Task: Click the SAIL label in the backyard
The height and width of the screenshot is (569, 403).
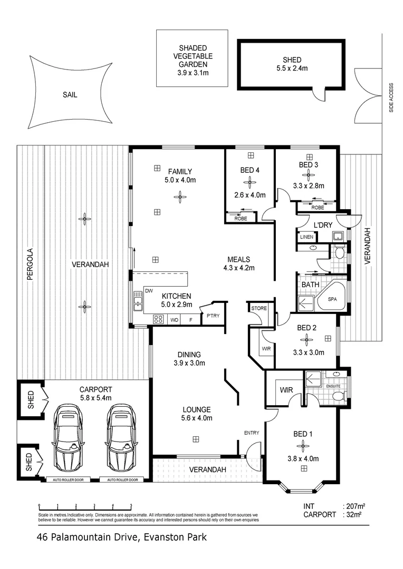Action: coord(70,95)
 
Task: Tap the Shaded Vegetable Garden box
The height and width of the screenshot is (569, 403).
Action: coord(191,58)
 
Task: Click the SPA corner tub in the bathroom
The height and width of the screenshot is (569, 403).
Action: coord(332,299)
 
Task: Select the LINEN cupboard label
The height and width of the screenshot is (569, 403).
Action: coord(306,237)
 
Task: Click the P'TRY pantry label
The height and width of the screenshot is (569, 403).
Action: coord(213,316)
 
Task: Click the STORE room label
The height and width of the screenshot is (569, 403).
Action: coord(258,308)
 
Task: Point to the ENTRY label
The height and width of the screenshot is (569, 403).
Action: coord(251,433)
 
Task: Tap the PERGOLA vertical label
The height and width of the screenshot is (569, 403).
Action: coord(30,263)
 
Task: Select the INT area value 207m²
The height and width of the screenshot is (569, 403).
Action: coord(354,506)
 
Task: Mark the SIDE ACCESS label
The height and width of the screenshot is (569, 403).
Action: coord(391,97)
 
